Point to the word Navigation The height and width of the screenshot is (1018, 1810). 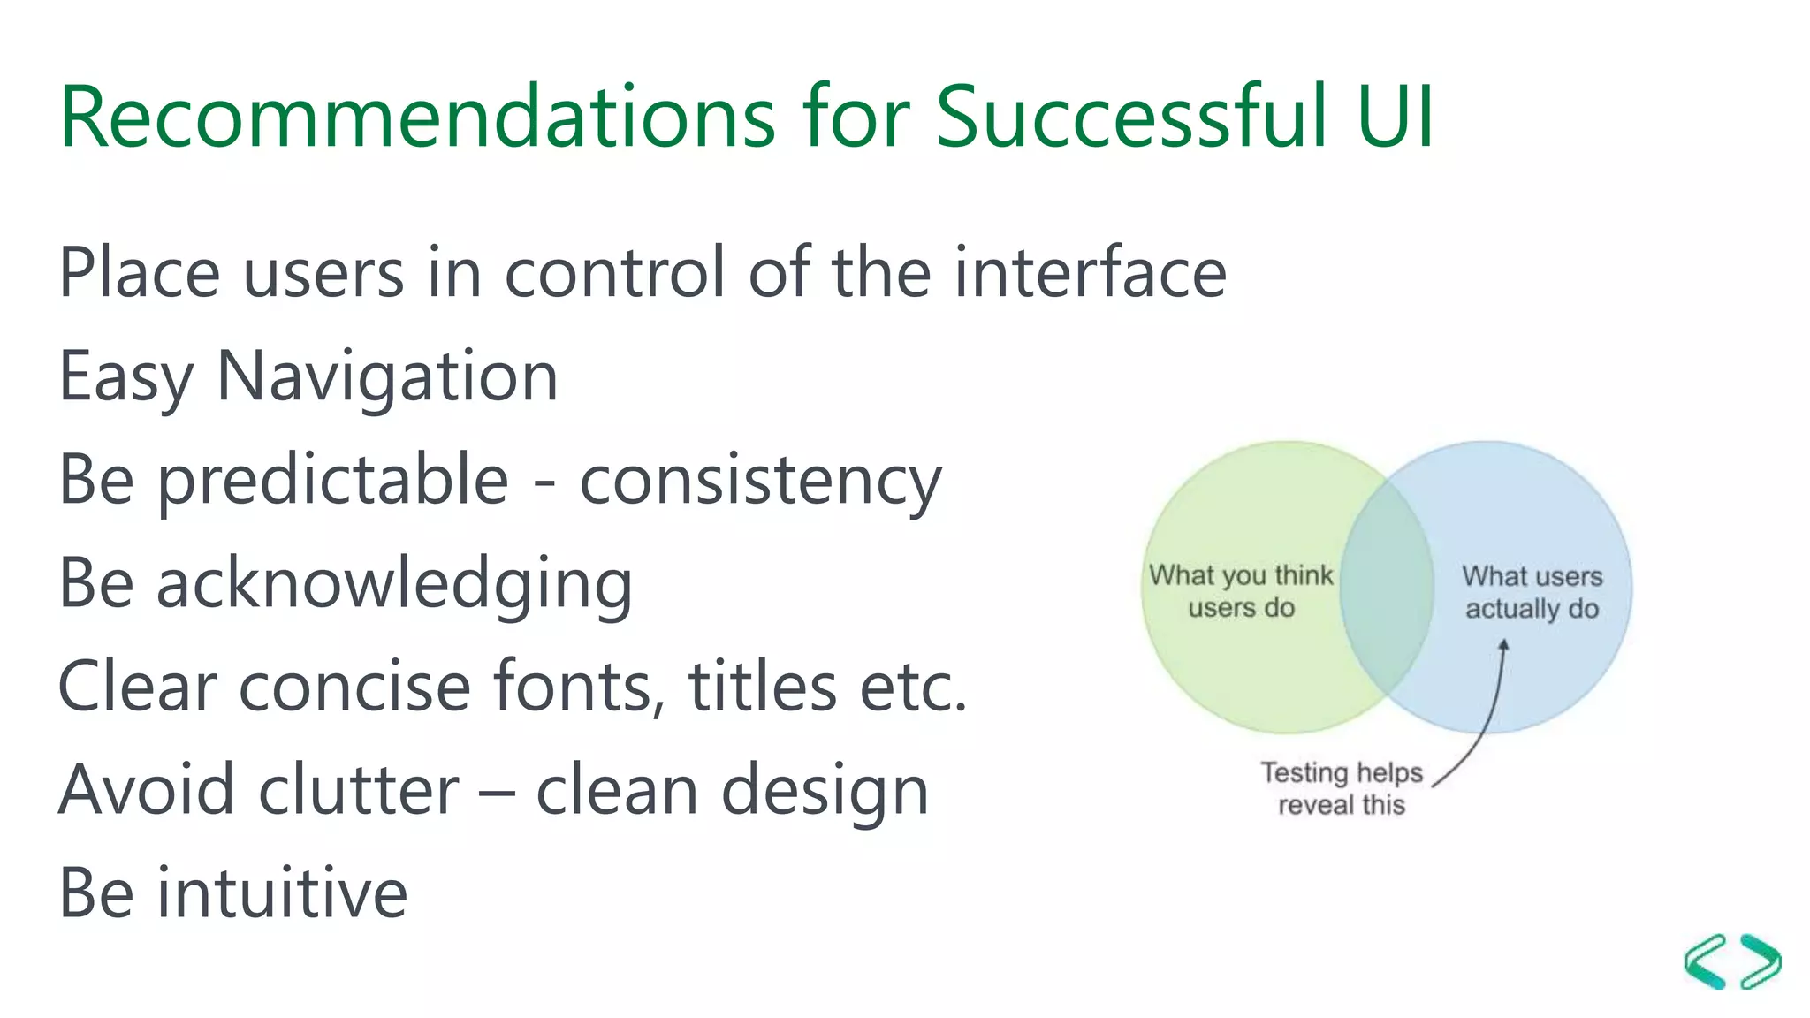point(387,376)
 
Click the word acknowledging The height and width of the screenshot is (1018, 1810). point(394,584)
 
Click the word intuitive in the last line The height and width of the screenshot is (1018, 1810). point(282,893)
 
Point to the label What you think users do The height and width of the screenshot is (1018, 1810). point(1241,591)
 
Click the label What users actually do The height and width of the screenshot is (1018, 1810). point(1532,592)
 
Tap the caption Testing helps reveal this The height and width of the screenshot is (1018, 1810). point(1341,788)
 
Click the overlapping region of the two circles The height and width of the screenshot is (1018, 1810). point(1386,588)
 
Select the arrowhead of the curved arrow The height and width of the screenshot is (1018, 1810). point(1503,646)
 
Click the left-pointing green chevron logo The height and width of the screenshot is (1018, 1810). point(1705,961)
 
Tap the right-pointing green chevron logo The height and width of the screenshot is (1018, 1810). point(1761,961)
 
